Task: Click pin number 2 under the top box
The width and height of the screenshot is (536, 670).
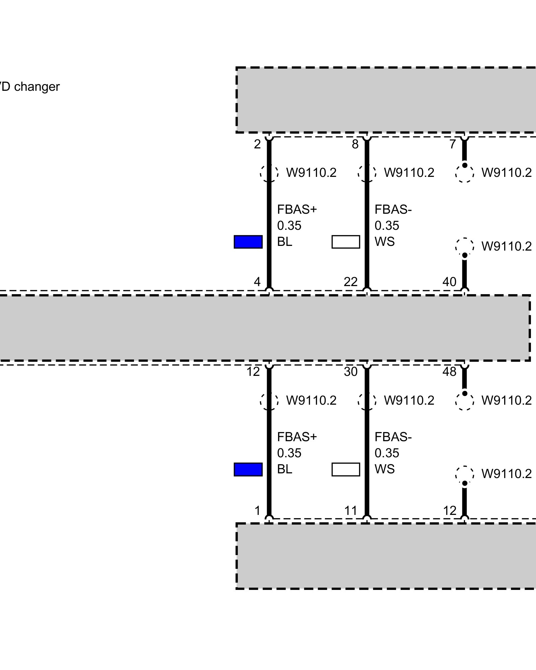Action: (257, 144)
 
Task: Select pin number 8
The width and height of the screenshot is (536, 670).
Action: (355, 144)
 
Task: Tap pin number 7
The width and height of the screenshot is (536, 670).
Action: (453, 144)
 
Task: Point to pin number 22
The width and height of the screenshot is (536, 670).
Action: (350, 282)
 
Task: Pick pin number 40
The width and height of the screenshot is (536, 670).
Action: (449, 282)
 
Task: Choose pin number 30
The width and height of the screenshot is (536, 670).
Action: (350, 372)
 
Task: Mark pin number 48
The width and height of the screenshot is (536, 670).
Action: (449, 372)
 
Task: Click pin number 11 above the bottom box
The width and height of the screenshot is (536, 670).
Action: (350, 511)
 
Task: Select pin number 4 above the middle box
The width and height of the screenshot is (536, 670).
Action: (257, 282)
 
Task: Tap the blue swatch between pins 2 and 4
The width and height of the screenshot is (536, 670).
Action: (248, 242)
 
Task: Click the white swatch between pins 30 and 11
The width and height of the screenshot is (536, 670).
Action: (346, 469)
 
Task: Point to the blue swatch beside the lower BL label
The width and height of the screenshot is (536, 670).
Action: (248, 469)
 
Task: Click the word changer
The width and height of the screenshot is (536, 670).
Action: (37, 87)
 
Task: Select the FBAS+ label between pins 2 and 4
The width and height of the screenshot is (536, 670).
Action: (297, 210)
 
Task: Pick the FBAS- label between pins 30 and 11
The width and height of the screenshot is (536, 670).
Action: (393, 437)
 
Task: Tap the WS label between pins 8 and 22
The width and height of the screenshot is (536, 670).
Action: (385, 242)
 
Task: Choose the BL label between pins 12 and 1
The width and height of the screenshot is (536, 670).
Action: (285, 469)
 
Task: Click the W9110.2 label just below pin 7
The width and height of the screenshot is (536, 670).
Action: (507, 173)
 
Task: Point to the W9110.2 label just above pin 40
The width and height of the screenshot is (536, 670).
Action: (507, 247)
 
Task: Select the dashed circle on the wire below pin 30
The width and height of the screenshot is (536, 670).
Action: (367, 401)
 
